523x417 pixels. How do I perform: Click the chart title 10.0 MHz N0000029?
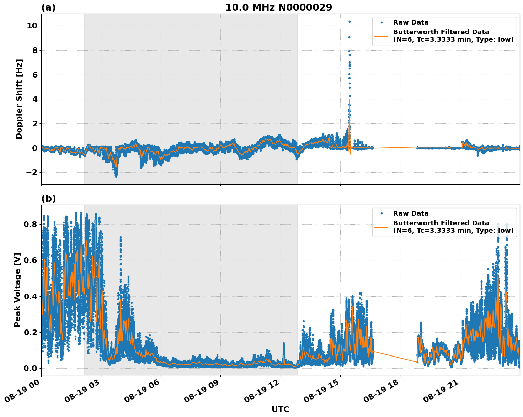278,7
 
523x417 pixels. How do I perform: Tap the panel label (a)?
48,7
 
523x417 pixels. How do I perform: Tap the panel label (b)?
48,199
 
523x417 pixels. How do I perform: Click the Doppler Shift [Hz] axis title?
19,99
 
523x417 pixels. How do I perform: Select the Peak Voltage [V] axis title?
17,290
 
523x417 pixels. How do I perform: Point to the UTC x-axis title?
280,409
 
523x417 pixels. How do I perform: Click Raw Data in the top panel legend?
411,23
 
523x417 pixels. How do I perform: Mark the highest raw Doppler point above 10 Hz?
349,22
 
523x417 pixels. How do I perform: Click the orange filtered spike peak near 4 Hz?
349,100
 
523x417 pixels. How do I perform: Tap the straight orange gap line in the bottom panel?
395,357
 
